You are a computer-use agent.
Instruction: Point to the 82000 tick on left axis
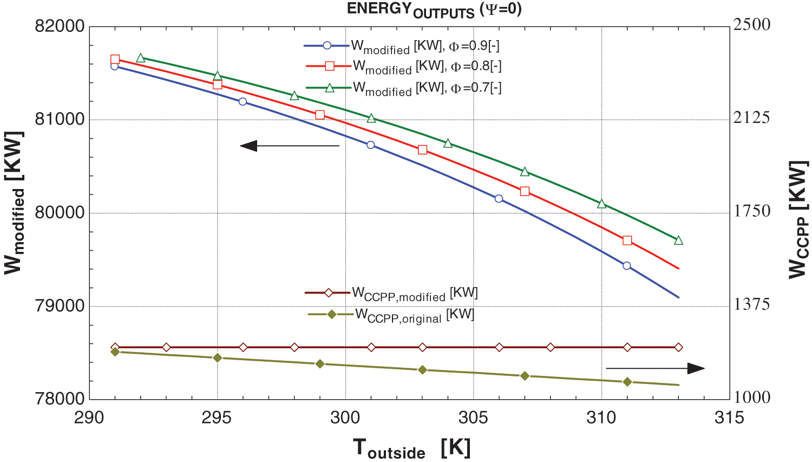coord(60,26)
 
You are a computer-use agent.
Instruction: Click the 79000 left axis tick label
coord(60,306)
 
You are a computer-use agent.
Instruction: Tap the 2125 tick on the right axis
coord(751,118)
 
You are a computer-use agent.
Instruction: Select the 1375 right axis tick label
coord(751,304)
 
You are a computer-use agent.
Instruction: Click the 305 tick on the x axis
coord(473,418)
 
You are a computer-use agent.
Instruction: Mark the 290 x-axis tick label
coord(89,418)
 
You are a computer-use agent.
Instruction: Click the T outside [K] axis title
coord(411,448)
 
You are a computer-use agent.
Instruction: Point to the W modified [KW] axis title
coord(15,203)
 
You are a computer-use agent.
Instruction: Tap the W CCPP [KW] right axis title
coord(798,219)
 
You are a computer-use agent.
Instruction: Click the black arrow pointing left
coord(290,146)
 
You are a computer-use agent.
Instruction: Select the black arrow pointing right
coord(655,368)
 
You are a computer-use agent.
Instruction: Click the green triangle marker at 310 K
coord(601,204)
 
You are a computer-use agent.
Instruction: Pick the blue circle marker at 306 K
coord(499,199)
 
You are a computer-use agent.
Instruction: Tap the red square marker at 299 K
coord(320,115)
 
